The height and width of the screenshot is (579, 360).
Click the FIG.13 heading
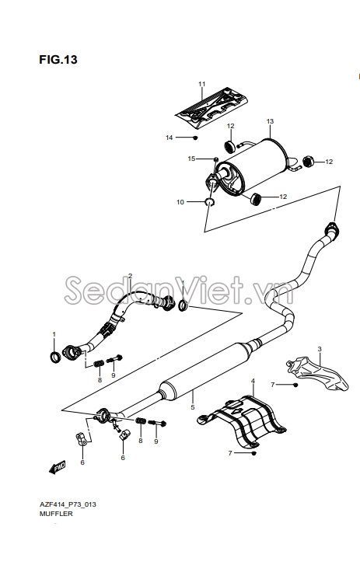tap(58, 59)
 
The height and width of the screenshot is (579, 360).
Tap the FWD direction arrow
tap(58, 467)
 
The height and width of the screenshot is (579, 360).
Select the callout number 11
tap(202, 84)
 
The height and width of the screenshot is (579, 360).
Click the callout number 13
tap(270, 121)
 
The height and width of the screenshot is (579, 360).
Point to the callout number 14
tap(170, 138)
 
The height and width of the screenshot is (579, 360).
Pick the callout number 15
tap(191, 159)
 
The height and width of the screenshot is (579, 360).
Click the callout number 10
tap(180, 202)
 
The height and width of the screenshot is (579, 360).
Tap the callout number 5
tap(193, 408)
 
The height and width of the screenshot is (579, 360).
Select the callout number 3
tap(320, 349)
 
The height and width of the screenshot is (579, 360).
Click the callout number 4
tap(253, 381)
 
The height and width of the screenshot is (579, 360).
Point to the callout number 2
tap(130, 276)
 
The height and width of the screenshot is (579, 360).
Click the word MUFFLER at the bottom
tap(56, 514)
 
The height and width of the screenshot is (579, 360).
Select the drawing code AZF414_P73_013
tap(68, 504)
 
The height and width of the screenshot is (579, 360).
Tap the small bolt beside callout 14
tap(196, 138)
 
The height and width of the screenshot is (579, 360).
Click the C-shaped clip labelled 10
tap(210, 202)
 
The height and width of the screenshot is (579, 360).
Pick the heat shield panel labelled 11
tap(211, 108)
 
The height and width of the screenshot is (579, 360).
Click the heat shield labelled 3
tap(317, 372)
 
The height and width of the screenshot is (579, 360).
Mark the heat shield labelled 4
tap(242, 421)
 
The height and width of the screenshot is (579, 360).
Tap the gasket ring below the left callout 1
tap(55, 357)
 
